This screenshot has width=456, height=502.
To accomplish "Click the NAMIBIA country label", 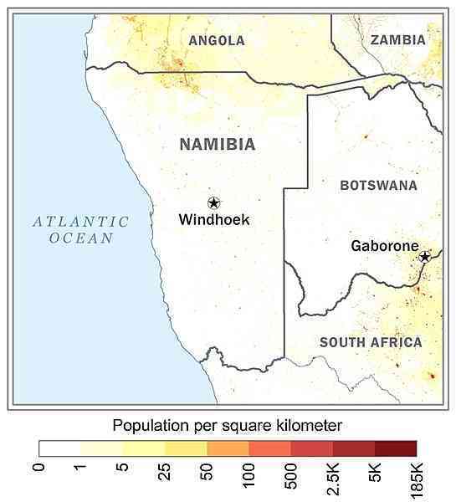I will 218,145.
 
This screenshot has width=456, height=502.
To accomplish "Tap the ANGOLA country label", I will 217,40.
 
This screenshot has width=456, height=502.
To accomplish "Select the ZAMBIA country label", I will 398,39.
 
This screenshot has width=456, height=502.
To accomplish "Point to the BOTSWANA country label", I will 378,185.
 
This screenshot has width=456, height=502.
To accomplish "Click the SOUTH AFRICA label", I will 371,342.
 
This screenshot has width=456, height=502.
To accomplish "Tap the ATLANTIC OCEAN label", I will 80,229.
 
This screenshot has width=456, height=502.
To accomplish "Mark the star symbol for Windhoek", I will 213,202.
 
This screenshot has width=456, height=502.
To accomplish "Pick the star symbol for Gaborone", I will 425,257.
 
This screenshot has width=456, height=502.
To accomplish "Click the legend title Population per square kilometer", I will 227,425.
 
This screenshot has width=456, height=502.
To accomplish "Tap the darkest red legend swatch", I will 395,448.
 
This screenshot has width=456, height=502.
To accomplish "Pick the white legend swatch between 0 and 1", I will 60,448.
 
